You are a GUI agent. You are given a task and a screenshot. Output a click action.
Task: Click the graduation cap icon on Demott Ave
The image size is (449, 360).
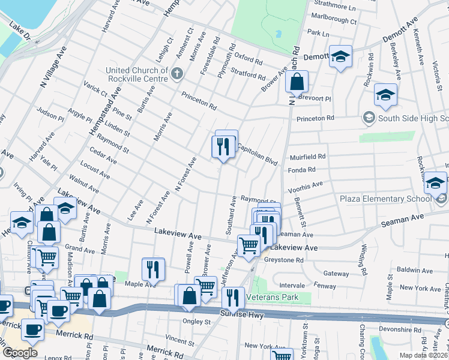340,56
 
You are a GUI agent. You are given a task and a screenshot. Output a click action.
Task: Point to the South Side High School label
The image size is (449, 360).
413,118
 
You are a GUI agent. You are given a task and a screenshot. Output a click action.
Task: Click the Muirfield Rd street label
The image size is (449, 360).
309,157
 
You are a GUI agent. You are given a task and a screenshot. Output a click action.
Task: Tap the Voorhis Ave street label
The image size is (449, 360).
306,186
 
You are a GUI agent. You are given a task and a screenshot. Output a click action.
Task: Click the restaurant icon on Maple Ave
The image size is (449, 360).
154,269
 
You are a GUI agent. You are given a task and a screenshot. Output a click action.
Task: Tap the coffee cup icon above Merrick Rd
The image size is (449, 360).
32,331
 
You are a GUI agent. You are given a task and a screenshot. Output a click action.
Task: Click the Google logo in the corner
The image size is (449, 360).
20,353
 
